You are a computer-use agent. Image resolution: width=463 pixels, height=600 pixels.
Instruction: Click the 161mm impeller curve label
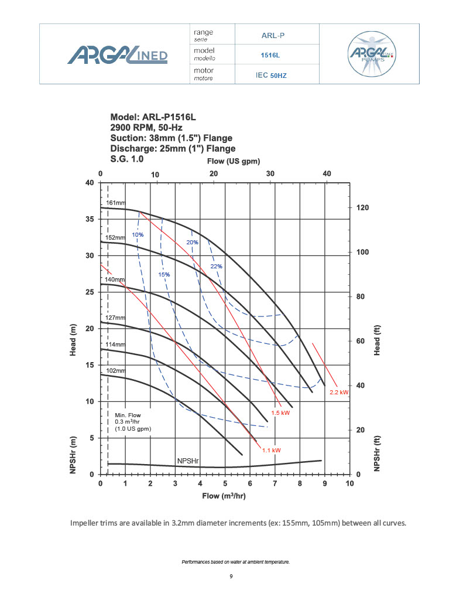pos(116,203)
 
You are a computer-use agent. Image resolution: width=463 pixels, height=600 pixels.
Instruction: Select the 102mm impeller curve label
pos(116,371)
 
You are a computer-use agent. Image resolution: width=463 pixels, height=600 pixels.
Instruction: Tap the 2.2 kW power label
pos(339,392)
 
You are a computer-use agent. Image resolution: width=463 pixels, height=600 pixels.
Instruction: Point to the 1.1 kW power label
pos(272,450)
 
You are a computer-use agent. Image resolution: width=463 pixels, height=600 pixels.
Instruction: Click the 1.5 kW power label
pos(281,412)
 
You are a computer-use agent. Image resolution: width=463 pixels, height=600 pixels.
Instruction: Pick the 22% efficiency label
pos(216,266)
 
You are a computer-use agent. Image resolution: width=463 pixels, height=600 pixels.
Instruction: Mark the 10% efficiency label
pos(138,235)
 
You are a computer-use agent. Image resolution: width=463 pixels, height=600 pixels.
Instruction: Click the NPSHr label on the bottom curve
pos(188,461)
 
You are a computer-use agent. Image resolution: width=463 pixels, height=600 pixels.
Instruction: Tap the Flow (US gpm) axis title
pos(234,161)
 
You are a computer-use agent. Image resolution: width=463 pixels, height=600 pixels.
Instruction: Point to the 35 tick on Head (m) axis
pos(89,219)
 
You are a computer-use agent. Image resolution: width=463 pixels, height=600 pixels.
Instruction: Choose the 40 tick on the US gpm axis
pos(327,174)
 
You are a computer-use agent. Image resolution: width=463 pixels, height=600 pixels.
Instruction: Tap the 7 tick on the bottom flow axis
pos(275,483)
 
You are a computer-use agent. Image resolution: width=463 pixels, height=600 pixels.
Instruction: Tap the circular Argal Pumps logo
pos(371,54)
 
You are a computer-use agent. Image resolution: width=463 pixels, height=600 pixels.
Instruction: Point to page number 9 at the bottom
pos(231,577)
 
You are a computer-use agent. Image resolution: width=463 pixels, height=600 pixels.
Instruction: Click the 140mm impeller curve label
pos(115,280)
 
